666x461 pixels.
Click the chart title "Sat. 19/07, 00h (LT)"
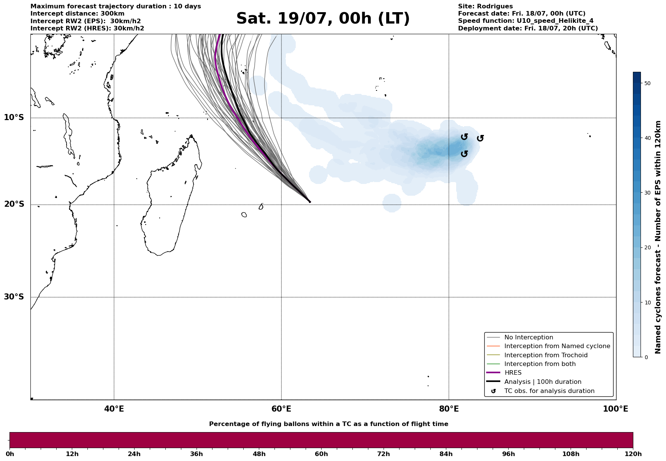(323, 19)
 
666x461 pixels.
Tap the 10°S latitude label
(14, 117)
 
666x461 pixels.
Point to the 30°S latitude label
(14, 297)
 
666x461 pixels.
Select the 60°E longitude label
(281, 409)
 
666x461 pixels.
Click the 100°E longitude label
(615, 409)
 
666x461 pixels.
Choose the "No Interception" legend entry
(528, 337)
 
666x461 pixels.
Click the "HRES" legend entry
(513, 373)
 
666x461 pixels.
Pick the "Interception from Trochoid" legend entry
(545, 355)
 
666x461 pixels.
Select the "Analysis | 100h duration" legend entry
(542, 382)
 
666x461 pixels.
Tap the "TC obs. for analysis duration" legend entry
(549, 391)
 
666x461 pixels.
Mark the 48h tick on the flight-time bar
(259, 454)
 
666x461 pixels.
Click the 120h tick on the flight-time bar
(633, 454)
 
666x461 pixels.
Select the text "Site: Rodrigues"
(485, 6)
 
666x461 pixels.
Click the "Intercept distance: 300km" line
(77, 14)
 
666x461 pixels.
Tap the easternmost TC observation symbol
(480, 138)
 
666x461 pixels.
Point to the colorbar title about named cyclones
(658, 237)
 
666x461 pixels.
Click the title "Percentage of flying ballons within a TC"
(328, 424)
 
